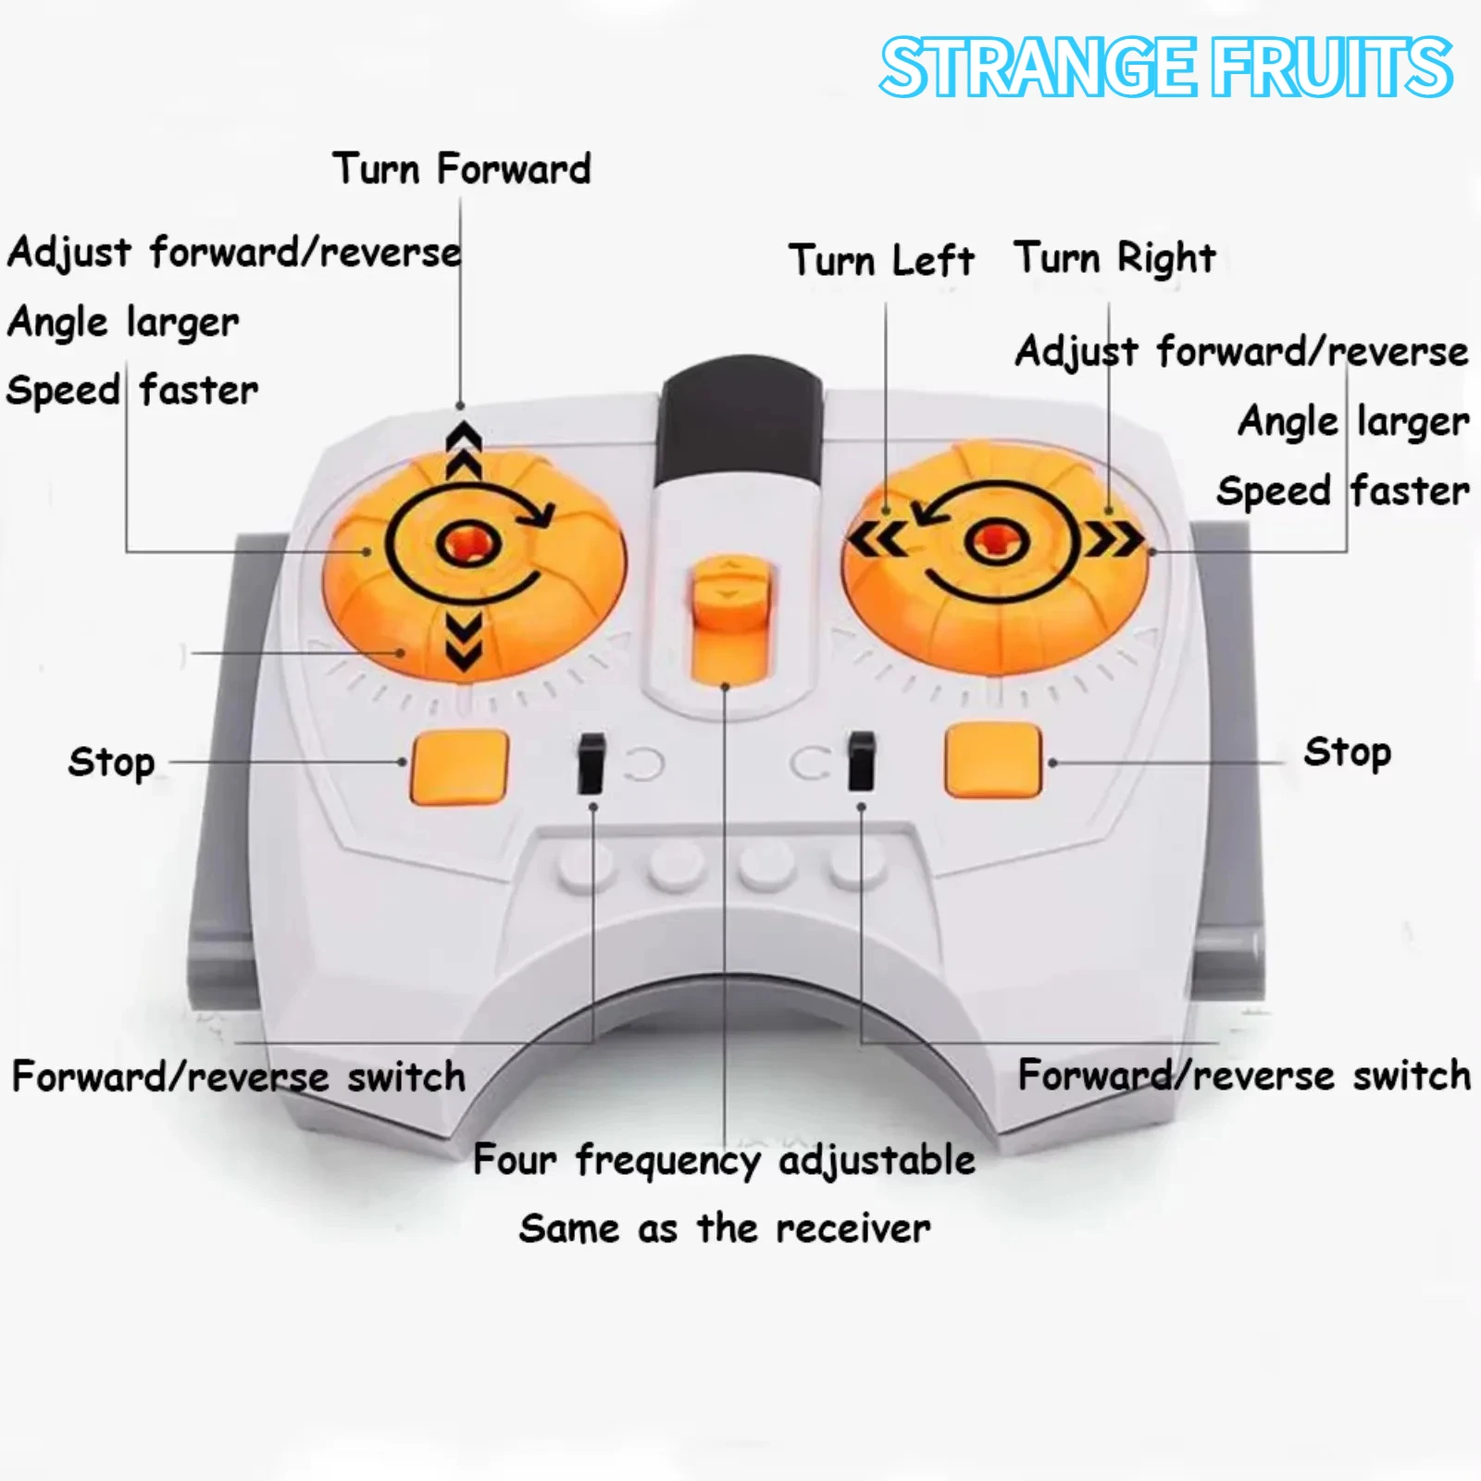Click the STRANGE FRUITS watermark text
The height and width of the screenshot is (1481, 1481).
tap(1166, 68)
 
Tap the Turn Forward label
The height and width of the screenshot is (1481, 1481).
tap(462, 168)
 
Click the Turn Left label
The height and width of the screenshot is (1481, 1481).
tap(881, 259)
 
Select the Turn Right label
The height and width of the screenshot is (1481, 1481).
tap(1114, 257)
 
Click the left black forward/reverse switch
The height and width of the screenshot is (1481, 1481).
tap(591, 764)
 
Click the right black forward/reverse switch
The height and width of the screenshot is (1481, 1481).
tap(861, 761)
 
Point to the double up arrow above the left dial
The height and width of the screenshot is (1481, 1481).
tap(464, 451)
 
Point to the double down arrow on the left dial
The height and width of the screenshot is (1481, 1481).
tap(463, 641)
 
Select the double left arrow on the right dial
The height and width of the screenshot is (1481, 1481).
tap(877, 540)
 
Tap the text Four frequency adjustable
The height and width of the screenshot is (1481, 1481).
tap(725, 1161)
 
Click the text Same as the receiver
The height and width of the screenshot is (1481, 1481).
tap(725, 1228)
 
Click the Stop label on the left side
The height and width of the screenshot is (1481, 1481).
tap(111, 763)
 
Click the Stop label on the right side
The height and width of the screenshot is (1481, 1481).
tap(1347, 753)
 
